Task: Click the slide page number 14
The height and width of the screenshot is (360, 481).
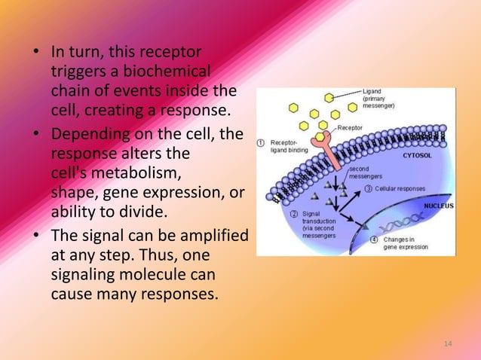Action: tap(448, 344)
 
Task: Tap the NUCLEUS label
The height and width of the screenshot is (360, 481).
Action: tap(437, 205)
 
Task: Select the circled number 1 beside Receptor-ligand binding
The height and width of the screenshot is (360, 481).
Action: tap(261, 142)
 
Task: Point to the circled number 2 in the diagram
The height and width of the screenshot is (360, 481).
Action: tap(295, 214)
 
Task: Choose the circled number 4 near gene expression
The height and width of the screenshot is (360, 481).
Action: tap(375, 239)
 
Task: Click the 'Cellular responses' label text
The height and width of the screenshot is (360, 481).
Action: tap(400, 188)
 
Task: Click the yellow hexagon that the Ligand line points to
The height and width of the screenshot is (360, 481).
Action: tap(330, 98)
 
